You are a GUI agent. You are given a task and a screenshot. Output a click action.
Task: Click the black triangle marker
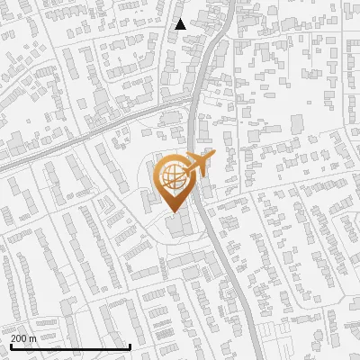[x=181, y=24]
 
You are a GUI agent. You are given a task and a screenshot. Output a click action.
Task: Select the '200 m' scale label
[x=23, y=338]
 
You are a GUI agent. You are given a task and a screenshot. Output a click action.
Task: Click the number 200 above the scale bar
[x=19, y=338]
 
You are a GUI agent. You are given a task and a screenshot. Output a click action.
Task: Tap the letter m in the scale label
[x=32, y=338]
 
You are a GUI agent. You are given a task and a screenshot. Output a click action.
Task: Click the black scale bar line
[x=70, y=346]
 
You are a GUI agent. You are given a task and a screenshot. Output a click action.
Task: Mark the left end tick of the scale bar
[x=10, y=346]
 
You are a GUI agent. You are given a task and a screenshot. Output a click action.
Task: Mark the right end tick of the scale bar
[x=130, y=346]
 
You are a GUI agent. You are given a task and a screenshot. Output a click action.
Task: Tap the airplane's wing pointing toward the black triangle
[x=200, y=155]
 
